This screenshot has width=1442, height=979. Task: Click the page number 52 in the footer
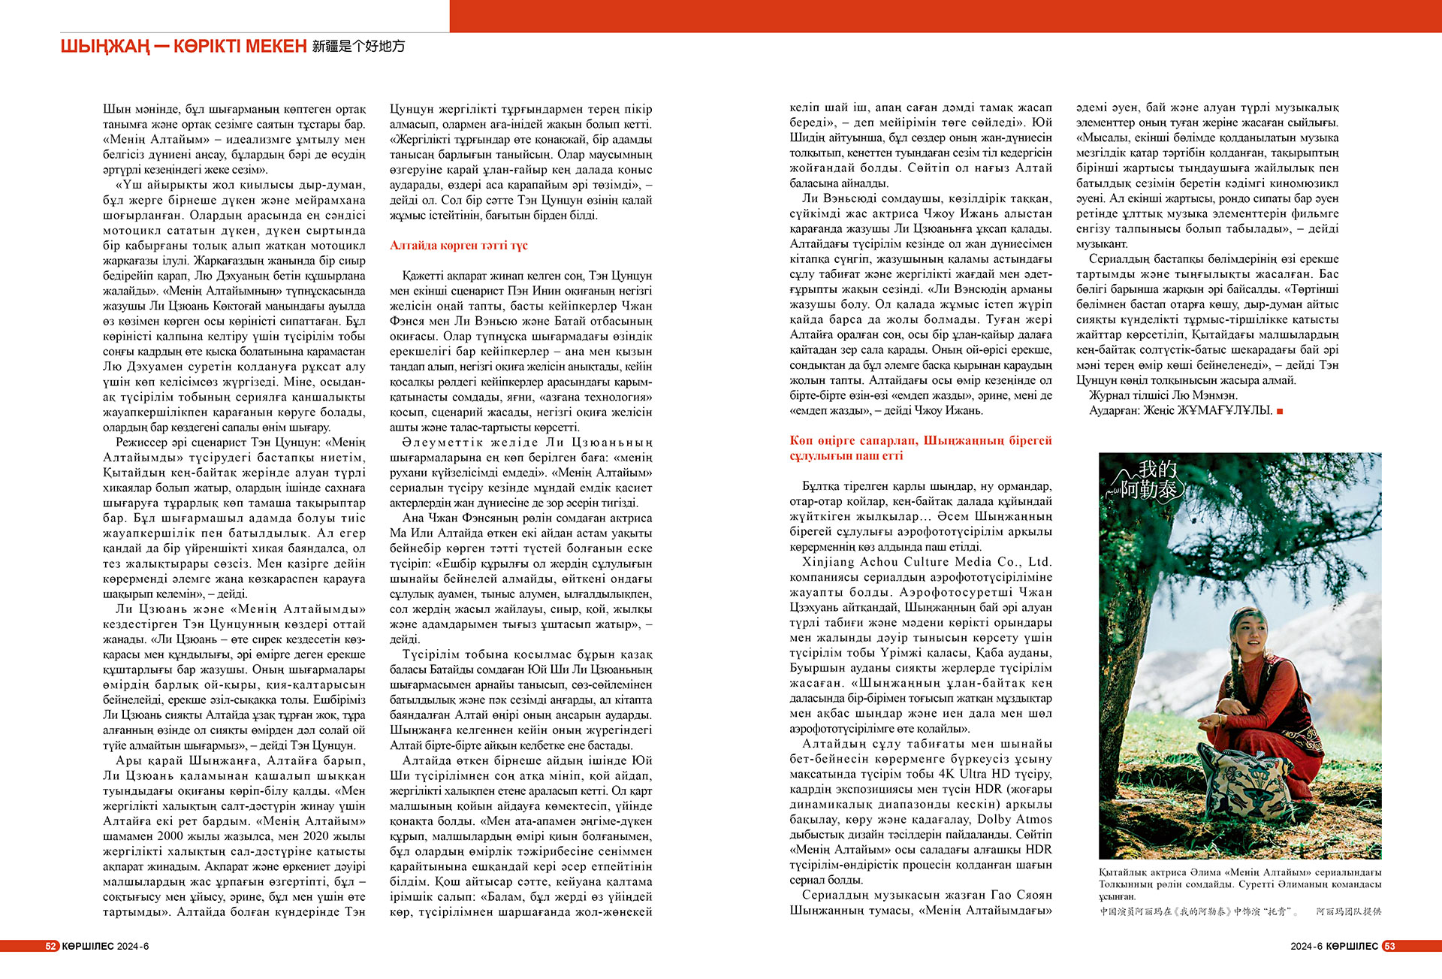tap(51, 946)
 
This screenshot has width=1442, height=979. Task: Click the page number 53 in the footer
tap(1389, 946)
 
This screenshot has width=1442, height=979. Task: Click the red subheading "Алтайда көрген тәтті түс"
tap(458, 246)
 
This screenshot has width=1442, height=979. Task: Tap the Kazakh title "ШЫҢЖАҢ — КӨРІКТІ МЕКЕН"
tap(183, 47)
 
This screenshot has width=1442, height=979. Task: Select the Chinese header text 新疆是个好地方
tap(358, 47)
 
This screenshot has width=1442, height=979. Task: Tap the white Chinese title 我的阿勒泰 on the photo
tap(1149, 481)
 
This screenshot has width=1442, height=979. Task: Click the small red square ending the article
tap(1280, 411)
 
